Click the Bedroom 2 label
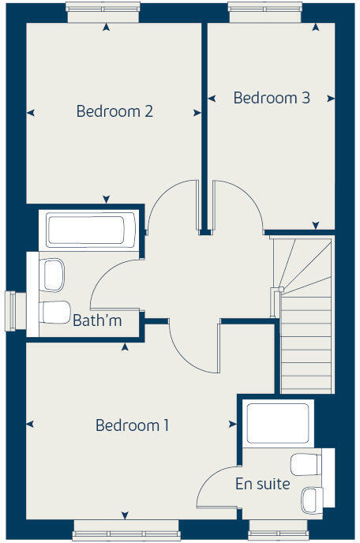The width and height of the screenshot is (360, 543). (114, 111)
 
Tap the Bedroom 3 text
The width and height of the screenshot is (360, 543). (272, 99)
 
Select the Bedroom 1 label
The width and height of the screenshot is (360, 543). (133, 425)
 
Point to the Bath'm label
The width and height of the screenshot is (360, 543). (97, 321)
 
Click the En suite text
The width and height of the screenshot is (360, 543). (262, 484)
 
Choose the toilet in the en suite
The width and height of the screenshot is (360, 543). (305, 463)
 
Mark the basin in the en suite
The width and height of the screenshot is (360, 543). (310, 499)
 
